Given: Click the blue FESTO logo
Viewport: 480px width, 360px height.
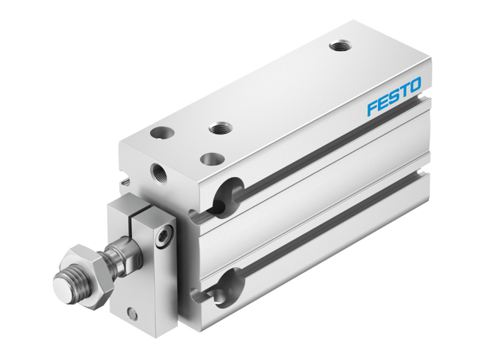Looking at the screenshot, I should click(x=394, y=97).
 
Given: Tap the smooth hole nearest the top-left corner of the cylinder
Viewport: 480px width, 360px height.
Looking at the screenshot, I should click(x=160, y=133).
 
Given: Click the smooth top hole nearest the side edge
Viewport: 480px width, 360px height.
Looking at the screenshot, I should click(x=212, y=159).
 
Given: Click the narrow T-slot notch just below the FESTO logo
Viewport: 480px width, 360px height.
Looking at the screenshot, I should click(x=424, y=100).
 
